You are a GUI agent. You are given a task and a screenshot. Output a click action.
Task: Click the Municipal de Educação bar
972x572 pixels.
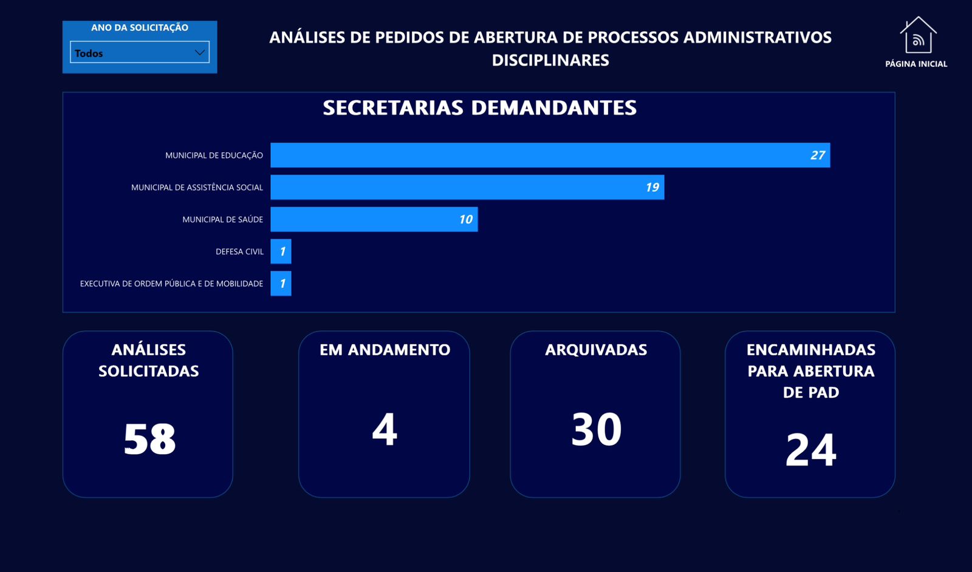[550, 155]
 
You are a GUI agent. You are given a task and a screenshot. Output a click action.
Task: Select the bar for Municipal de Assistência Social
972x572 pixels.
[467, 187]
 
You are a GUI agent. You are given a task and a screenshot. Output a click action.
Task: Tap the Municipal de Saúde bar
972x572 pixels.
[374, 219]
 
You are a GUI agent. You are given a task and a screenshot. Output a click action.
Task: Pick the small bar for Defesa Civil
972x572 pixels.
[281, 251]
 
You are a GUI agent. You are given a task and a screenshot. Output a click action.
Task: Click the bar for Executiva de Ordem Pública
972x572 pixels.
[281, 283]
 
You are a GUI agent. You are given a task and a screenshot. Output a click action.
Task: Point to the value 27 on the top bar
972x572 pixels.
[818, 155]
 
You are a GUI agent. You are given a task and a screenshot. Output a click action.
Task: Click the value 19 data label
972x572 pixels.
[652, 188]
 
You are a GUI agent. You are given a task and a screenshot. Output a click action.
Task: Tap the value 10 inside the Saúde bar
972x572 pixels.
[466, 219]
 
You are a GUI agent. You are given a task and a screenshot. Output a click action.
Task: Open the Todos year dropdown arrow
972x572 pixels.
[200, 52]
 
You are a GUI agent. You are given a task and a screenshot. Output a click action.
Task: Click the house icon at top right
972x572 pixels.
[918, 35]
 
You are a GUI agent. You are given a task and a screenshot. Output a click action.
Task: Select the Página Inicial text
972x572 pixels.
[916, 64]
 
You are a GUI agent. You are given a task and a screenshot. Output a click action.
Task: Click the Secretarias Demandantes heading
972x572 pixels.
[479, 108]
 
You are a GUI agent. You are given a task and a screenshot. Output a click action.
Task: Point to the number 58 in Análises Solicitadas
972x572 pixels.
[149, 439]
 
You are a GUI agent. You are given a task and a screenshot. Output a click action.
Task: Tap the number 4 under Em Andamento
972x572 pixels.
[385, 429]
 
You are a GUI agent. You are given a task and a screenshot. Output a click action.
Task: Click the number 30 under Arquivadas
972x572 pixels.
[596, 429]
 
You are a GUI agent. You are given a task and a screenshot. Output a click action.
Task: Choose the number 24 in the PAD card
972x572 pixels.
[810, 450]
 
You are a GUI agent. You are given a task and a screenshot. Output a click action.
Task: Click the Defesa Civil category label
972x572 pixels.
[239, 251]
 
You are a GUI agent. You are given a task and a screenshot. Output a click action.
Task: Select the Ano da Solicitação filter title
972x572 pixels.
[140, 28]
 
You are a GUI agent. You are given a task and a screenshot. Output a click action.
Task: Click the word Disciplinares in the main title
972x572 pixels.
[550, 60]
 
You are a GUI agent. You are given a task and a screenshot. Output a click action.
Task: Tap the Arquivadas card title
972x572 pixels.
[596, 350]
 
